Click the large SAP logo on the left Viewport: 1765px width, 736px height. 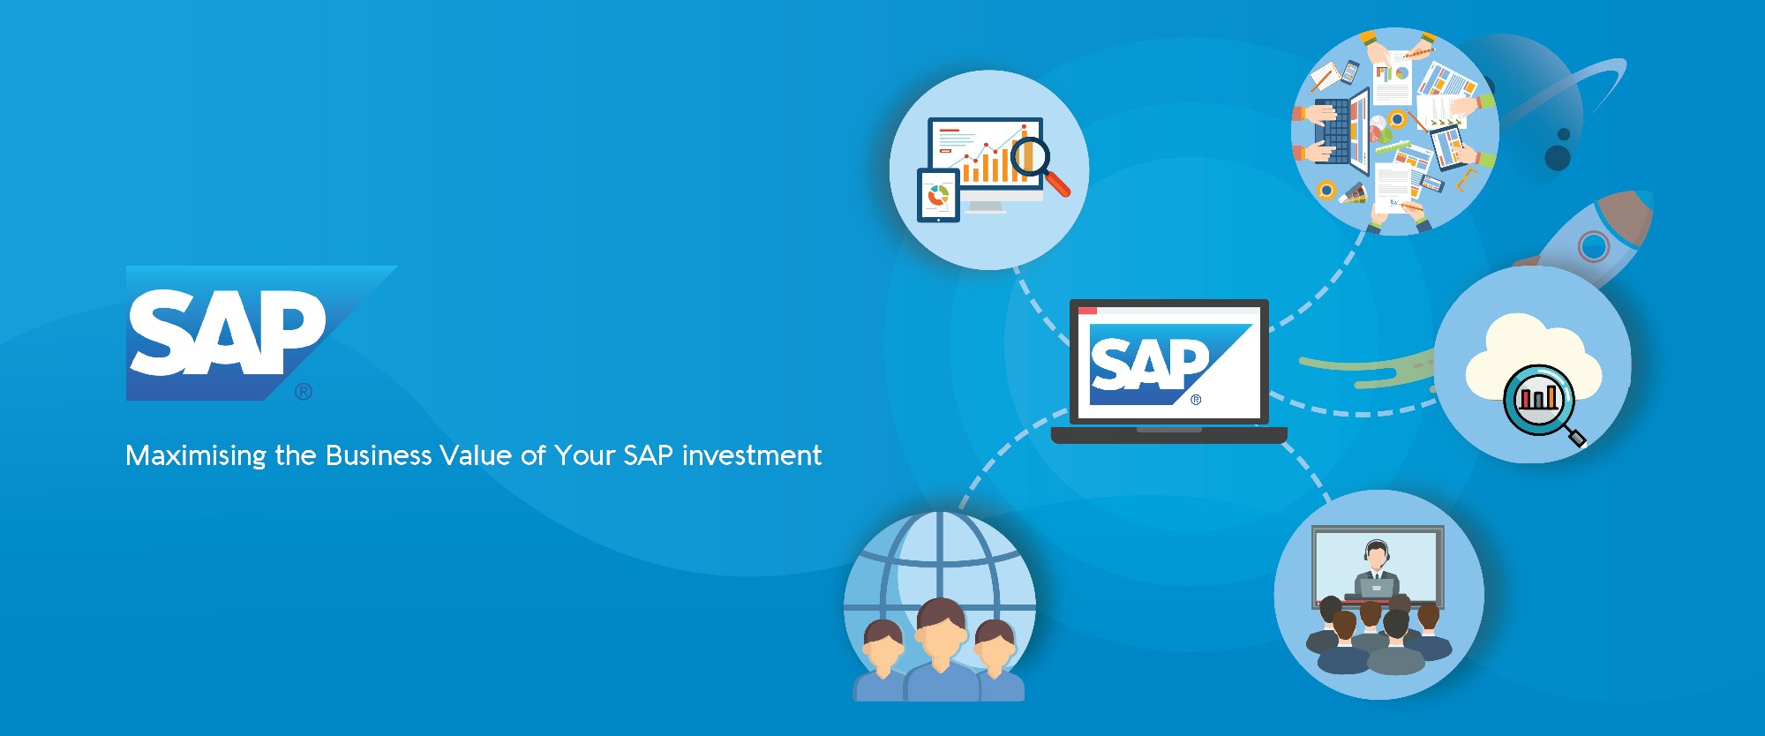(261, 333)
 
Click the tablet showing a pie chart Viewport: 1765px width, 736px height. (938, 195)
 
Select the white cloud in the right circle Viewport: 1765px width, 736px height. (1533, 357)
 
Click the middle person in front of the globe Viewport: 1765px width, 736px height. (941, 649)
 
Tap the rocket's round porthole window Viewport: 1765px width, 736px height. (1593, 245)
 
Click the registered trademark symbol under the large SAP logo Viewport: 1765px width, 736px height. (304, 391)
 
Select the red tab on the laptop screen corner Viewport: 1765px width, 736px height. (1087, 310)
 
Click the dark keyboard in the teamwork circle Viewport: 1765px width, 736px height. (1334, 131)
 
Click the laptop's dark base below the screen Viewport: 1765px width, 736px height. (1168, 434)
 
